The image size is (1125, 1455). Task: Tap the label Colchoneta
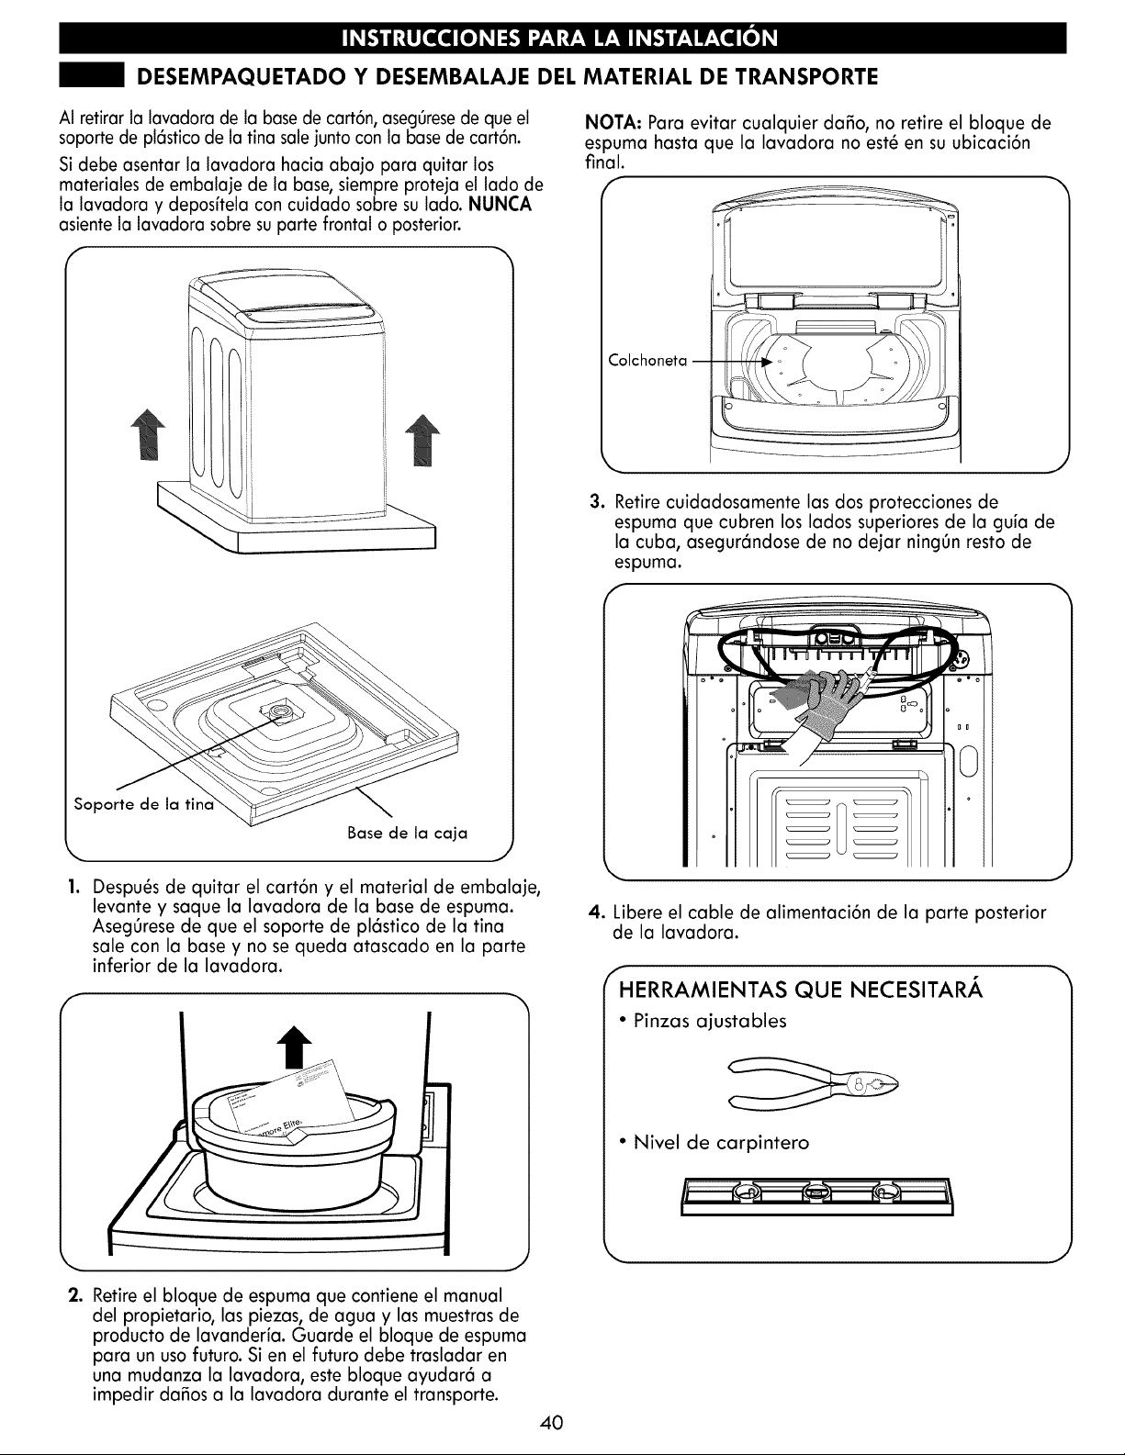pyautogui.click(x=647, y=361)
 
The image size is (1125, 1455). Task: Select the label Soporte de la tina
pyautogui.click(x=144, y=804)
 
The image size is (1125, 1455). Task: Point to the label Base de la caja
pyautogui.click(x=407, y=833)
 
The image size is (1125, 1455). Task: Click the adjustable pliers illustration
pyautogui.click(x=815, y=1082)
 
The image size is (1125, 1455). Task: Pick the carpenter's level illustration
pyautogui.click(x=816, y=1196)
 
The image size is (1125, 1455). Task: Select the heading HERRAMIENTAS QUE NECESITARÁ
pyautogui.click(x=801, y=989)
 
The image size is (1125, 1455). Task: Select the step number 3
pyautogui.click(x=597, y=502)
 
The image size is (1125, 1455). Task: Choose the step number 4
pyautogui.click(x=595, y=912)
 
